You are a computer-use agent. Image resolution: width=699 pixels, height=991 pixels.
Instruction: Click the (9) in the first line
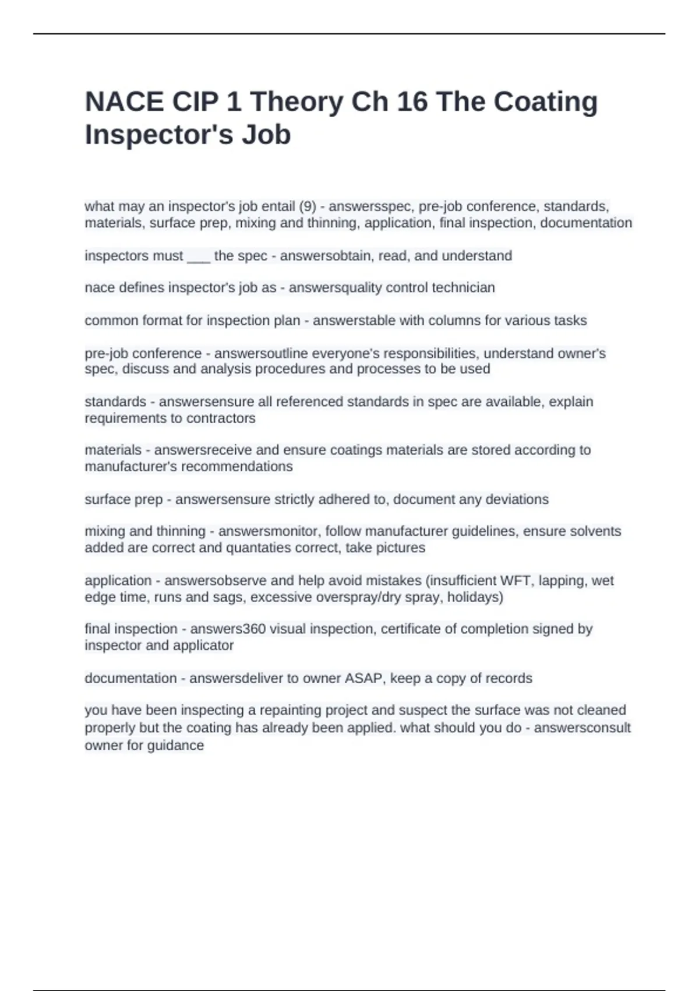(307, 206)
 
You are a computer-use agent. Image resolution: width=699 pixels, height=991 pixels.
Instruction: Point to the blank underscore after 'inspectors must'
(198, 256)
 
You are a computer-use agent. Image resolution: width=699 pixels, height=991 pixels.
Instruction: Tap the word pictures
(401, 548)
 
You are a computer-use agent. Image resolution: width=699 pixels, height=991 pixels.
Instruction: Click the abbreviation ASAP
(364, 679)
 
